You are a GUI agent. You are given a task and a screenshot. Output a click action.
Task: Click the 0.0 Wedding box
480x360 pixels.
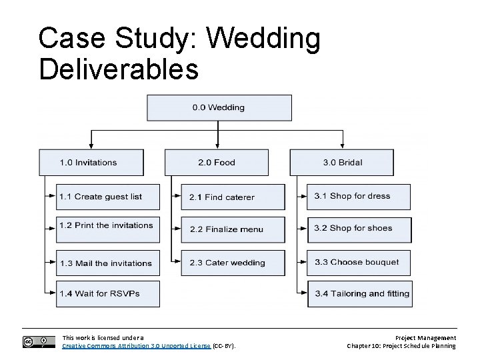(x=219, y=108)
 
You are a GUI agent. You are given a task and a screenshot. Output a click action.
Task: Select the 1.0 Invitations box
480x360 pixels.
(x=91, y=163)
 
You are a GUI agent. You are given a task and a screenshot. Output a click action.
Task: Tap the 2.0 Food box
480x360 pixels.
(x=217, y=163)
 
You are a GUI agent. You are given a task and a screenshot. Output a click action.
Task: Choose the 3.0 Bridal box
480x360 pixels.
(x=341, y=163)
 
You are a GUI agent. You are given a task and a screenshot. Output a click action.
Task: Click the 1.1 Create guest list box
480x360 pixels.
(x=107, y=197)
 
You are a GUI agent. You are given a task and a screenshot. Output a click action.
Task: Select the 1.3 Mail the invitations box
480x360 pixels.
(x=107, y=263)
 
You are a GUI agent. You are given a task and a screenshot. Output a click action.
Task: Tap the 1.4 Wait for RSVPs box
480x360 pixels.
(x=107, y=294)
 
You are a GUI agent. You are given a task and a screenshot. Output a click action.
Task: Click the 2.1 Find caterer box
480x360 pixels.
(x=233, y=197)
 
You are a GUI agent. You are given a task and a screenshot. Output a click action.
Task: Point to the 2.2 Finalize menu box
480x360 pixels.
(x=233, y=229)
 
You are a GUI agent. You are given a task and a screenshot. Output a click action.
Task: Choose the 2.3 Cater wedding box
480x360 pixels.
(x=233, y=263)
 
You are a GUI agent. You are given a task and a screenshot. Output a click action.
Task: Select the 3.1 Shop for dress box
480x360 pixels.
(x=359, y=197)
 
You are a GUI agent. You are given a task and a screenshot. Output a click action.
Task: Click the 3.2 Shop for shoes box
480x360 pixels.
(x=359, y=229)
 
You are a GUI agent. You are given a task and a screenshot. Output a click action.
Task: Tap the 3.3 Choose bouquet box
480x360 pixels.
(x=359, y=262)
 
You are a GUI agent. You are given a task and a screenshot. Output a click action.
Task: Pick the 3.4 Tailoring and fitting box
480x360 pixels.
(x=359, y=294)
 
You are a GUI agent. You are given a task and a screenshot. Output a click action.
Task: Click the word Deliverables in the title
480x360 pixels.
(x=119, y=69)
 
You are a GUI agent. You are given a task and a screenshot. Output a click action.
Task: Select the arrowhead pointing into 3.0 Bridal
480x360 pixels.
(x=343, y=145)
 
